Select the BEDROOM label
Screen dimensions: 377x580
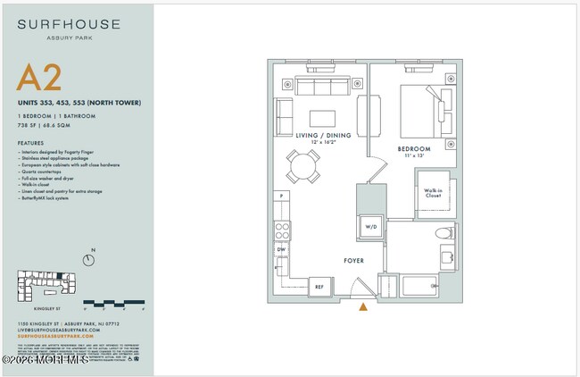pos(414,148)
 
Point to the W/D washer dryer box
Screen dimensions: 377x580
pos(370,227)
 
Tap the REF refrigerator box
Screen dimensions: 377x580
pos(319,286)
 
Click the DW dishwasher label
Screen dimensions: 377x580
pos(281,249)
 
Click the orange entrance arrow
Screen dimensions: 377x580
pos(362,308)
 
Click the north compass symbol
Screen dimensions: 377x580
pos(88,260)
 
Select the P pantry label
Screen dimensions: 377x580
pos(281,196)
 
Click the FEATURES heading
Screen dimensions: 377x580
pos(30,142)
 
